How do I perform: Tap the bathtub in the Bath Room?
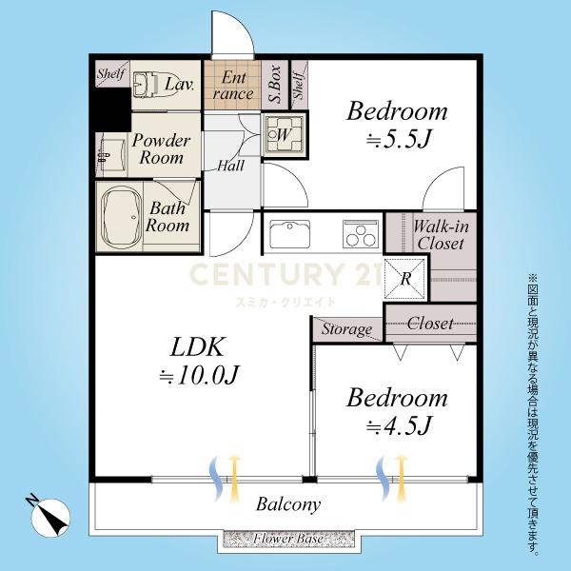click(x=121, y=217)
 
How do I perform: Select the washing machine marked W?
click(x=285, y=135)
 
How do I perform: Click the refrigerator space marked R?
click(x=405, y=279)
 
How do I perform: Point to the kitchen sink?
click(x=290, y=234)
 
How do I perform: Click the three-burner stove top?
click(x=360, y=234)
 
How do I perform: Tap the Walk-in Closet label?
click(x=441, y=235)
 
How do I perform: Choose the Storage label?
click(x=346, y=329)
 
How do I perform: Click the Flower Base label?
click(x=287, y=539)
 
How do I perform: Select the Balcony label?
click(x=288, y=504)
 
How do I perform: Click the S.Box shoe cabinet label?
click(x=275, y=84)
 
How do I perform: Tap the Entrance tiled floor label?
click(x=233, y=86)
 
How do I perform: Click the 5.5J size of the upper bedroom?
click(x=399, y=140)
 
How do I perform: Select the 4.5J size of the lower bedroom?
click(x=399, y=425)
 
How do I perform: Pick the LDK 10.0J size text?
click(x=199, y=375)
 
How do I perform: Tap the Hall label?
click(x=230, y=166)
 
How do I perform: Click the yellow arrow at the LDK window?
click(x=235, y=477)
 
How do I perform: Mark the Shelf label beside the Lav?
click(x=111, y=73)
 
